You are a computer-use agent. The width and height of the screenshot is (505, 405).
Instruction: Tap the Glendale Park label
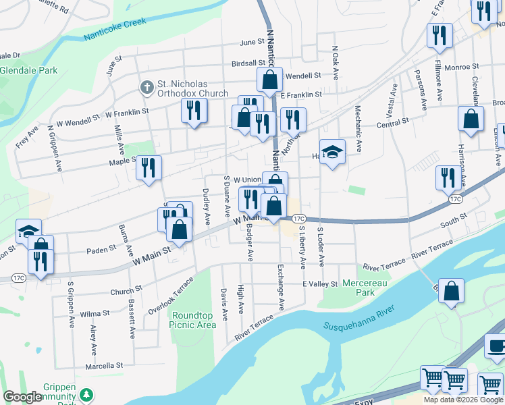[28, 70]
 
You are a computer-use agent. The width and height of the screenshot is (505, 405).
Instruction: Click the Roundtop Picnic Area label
[193, 320]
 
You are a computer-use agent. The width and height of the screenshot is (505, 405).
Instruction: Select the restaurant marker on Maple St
[149, 168]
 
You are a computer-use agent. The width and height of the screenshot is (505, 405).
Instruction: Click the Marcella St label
[104, 365]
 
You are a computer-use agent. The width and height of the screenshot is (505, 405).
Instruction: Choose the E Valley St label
[319, 283]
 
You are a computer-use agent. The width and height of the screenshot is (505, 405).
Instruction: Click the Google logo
[22, 397]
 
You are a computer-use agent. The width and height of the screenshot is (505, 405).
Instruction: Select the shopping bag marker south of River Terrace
[452, 291]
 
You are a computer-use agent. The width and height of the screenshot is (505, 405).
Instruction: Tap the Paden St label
[101, 250]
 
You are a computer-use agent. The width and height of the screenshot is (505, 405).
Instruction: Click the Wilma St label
[95, 314]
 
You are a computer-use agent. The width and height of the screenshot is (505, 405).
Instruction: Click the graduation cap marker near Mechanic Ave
[332, 152]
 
